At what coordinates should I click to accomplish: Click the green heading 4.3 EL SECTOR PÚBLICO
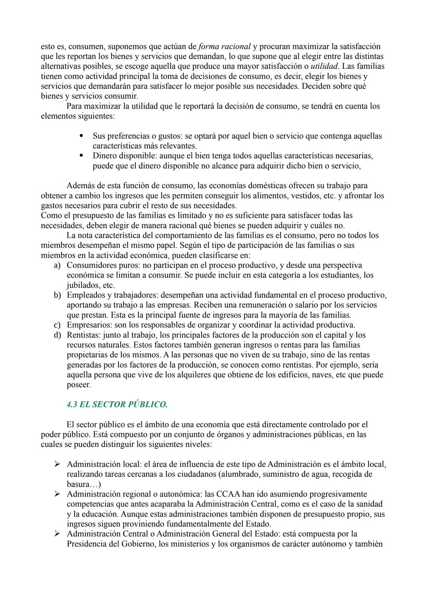[117, 405]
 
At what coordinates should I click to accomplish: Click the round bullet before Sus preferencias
[81, 136]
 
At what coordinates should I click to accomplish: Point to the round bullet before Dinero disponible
[81, 156]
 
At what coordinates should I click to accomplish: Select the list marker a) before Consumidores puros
[58, 265]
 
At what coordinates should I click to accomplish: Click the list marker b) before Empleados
[58, 295]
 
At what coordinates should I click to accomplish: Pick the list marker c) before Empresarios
[58, 325]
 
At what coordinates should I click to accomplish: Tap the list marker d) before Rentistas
[58, 335]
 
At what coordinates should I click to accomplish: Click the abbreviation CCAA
[229, 494]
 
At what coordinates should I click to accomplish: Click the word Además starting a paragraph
[81, 186]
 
